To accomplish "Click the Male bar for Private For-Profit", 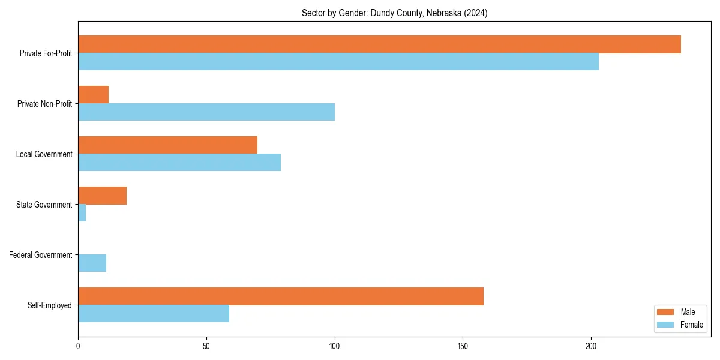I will click(x=379, y=44).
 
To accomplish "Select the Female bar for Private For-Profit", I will click(x=338, y=62).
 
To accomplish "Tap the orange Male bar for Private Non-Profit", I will click(x=93, y=95).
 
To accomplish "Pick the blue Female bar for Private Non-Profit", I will click(x=206, y=112).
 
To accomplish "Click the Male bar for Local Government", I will click(x=167, y=145).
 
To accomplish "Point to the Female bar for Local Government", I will click(x=179, y=163).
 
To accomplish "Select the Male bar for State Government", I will click(x=102, y=196).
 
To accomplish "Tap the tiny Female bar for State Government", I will click(x=82, y=213).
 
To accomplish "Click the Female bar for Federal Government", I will click(x=92, y=263).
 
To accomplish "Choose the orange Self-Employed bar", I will click(x=281, y=296).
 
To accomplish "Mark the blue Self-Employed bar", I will click(x=154, y=314).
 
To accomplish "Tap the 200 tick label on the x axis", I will click(x=591, y=346).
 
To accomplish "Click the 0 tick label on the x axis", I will click(x=78, y=346).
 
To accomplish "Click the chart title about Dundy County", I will click(x=394, y=13).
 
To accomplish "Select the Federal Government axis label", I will click(x=40, y=255).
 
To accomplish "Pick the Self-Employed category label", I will click(x=49, y=305).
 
